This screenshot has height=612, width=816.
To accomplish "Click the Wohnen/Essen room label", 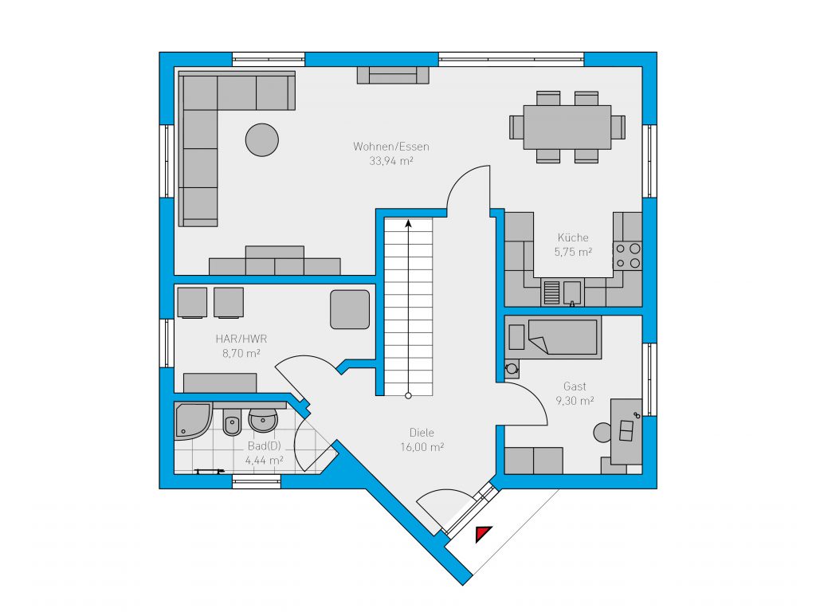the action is pos(390,147).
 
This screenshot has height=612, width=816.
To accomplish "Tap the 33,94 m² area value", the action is pos(390,161).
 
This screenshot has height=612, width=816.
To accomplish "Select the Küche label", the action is pos(573,237).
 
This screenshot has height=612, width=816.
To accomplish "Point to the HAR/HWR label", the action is pos(241,339).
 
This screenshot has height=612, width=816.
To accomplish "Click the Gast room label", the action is pos(575,386).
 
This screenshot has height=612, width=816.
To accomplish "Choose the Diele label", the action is pos(422,433).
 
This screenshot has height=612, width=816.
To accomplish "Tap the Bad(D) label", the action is pos(265,446).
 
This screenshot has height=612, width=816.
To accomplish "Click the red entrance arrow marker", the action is pos(483,533).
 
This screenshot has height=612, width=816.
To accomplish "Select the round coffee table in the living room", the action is pos(261,140).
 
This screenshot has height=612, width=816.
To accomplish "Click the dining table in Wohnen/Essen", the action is pos(567,127).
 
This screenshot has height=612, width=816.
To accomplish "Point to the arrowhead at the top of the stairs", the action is pos(409,224).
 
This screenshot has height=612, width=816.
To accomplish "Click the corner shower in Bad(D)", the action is pos(193,421).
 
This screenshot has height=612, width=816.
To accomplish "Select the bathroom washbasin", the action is pos(263,420).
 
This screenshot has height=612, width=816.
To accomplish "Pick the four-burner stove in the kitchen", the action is pos(627,256).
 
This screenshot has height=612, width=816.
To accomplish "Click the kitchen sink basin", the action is pos(572,292).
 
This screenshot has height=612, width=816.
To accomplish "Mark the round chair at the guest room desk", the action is pos(602,433).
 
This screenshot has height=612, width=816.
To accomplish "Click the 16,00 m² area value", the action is pos(422,447).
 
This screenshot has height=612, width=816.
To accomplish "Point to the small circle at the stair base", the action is pos(409,396).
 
